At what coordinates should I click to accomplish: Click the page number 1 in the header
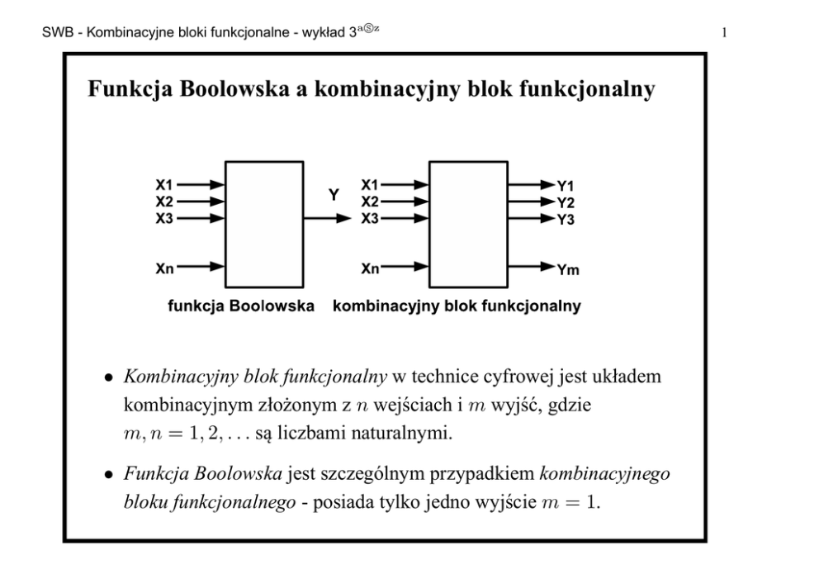click(723, 34)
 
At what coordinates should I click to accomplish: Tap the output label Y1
click(565, 186)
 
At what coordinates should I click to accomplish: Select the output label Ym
click(567, 269)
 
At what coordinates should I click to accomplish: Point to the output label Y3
click(565, 220)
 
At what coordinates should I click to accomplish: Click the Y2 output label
click(565, 202)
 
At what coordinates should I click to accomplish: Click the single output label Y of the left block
click(334, 196)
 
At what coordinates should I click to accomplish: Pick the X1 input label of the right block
click(370, 184)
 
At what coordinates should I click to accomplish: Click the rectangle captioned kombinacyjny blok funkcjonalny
click(468, 224)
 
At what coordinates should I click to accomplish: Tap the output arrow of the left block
click(328, 219)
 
